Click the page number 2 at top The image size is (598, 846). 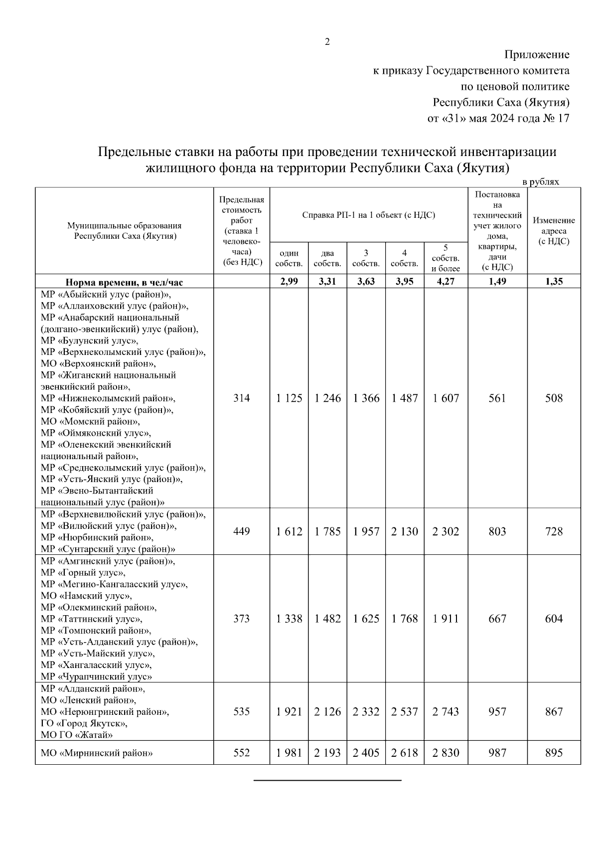(327, 42)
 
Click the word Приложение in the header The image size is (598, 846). (537, 54)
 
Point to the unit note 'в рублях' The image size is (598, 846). (541, 182)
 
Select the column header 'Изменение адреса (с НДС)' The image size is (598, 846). (554, 231)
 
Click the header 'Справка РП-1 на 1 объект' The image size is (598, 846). (368, 215)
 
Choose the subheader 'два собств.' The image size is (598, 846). (327, 259)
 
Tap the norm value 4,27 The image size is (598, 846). (446, 282)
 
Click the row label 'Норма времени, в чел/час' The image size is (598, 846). (125, 283)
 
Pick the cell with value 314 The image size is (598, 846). (242, 398)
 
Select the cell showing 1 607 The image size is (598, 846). (446, 398)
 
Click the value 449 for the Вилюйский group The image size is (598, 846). (242, 531)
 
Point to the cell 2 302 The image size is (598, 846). (446, 531)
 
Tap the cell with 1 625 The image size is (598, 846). (366, 619)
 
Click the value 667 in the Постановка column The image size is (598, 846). (497, 619)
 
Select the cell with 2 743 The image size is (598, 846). (446, 712)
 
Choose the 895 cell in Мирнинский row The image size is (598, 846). (554, 753)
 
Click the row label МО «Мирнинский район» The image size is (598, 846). (97, 753)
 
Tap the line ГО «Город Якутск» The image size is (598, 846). (84, 723)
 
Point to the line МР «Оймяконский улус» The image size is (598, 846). (96, 433)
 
